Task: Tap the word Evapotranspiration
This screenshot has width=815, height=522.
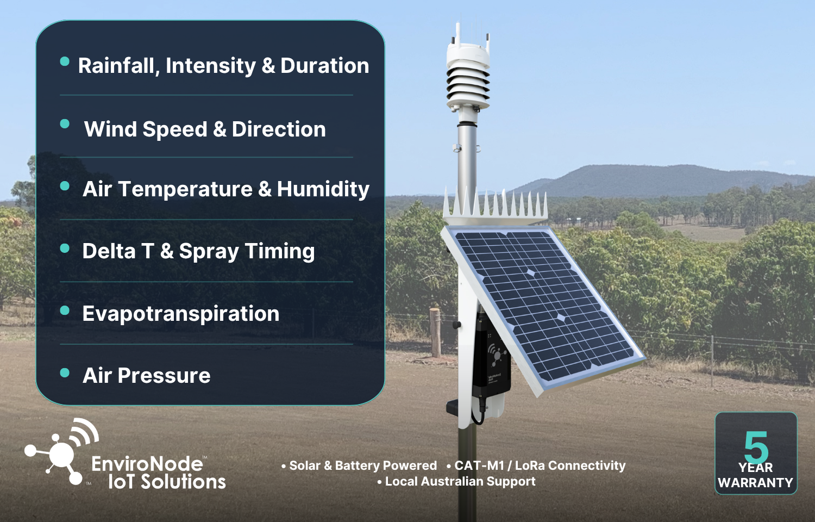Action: pyautogui.click(x=181, y=314)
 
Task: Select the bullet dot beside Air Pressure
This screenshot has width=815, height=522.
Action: pyautogui.click(x=65, y=373)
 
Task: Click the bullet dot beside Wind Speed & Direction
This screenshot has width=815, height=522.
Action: pyautogui.click(x=65, y=124)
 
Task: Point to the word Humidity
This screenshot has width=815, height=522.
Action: pyautogui.click(x=323, y=190)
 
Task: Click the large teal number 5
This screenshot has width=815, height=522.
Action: pyautogui.click(x=756, y=448)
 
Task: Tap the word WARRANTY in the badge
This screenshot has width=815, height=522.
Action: pyautogui.click(x=755, y=483)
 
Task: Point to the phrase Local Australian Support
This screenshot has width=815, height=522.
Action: pyautogui.click(x=460, y=482)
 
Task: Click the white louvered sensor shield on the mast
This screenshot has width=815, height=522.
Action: pyautogui.click(x=468, y=79)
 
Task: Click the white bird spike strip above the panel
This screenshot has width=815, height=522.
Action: pyautogui.click(x=495, y=206)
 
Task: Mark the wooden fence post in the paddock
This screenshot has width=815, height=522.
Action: pyautogui.click(x=435, y=332)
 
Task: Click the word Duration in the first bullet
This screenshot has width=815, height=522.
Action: pyautogui.click(x=324, y=66)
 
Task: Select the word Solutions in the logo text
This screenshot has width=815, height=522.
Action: pyautogui.click(x=184, y=482)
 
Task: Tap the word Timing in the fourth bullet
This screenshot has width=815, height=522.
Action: pyautogui.click(x=280, y=252)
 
